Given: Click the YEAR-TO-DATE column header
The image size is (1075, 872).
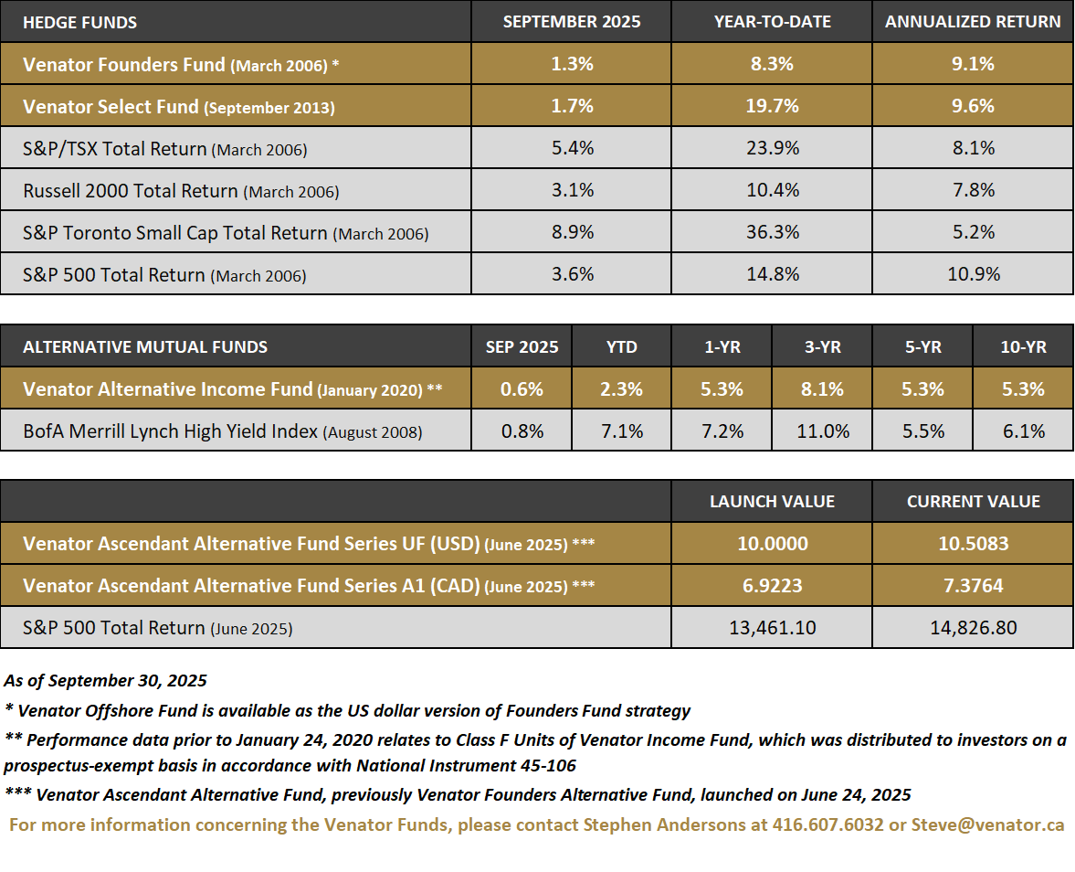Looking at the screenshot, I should point(772,22).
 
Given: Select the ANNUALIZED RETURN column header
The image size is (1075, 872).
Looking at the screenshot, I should point(973,22).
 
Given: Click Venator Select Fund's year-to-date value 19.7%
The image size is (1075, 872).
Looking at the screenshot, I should point(772,106).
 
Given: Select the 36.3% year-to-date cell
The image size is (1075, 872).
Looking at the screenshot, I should point(772,232).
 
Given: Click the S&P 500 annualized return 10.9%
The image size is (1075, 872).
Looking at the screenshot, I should point(973,274).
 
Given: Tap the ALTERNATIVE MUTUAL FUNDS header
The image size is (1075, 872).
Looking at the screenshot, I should point(145,347).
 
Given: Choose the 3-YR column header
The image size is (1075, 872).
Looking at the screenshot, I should point(822,347).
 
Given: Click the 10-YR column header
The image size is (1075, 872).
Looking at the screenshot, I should point(1023,347).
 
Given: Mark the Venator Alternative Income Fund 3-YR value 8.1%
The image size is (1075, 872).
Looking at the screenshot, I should point(822,389).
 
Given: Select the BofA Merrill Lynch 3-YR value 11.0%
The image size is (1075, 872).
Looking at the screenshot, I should point(822,431).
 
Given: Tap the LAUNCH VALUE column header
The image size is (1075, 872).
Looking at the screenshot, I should point(772,502).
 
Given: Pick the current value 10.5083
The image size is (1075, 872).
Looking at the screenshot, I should point(973,544).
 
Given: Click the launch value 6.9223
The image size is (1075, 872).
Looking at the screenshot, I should point(772,586).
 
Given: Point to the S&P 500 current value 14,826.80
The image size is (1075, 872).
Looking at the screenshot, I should point(973,628).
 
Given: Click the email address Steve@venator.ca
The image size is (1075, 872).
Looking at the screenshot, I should point(987,824).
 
